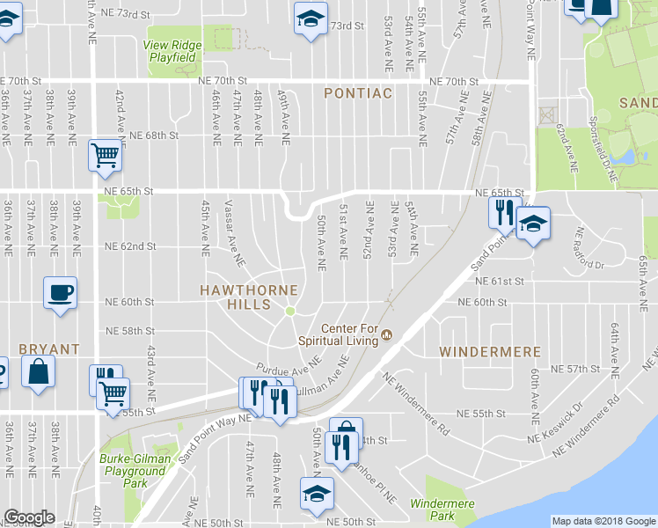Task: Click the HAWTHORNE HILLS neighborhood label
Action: click(248, 290)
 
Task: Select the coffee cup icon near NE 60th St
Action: click(60, 293)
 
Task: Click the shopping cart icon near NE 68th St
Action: click(105, 156)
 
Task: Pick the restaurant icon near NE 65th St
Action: click(503, 212)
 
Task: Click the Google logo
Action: click(29, 517)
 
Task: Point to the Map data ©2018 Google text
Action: click(603, 521)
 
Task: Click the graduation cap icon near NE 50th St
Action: click(315, 493)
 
